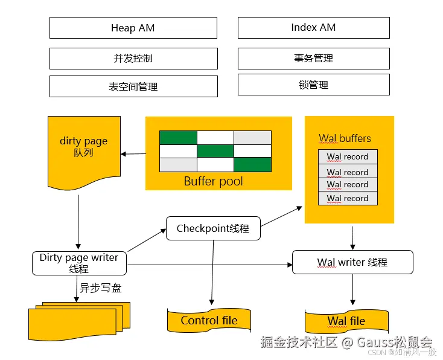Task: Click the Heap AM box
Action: point(133,28)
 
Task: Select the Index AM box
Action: point(313,28)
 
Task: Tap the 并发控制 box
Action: point(133,59)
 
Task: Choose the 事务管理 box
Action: point(313,59)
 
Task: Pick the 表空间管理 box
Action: point(133,86)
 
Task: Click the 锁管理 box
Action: point(313,85)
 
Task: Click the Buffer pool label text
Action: point(213,181)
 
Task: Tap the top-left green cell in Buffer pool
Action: point(178,138)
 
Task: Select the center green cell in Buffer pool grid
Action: point(215,151)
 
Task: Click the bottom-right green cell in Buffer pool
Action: point(252,164)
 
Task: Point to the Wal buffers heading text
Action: point(345,138)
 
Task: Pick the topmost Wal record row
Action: point(348,156)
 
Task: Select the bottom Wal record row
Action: point(348,198)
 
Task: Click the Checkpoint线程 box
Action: point(213,228)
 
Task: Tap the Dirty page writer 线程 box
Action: point(79,263)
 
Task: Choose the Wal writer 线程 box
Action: point(352,262)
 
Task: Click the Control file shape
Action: point(209,321)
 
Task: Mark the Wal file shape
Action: point(346,321)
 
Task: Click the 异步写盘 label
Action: point(101,288)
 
